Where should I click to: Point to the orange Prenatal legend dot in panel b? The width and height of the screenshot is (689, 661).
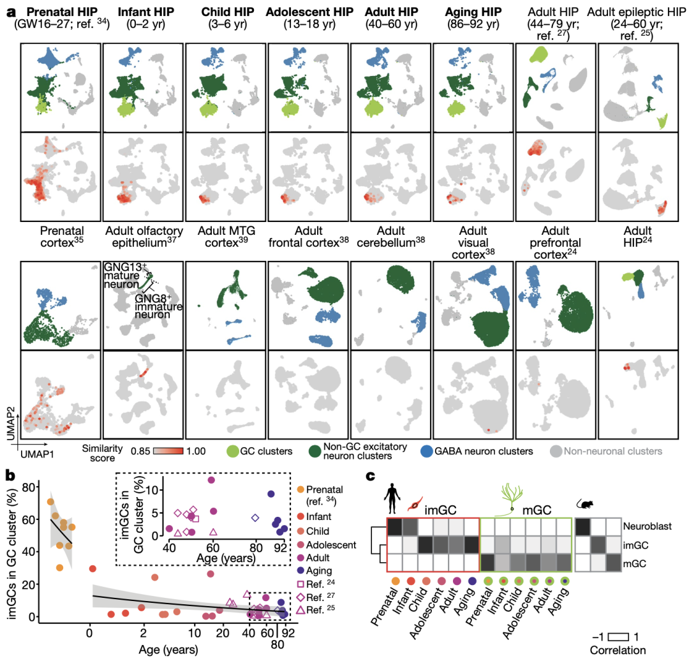(302, 489)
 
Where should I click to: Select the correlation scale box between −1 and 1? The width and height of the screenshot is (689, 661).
(618, 637)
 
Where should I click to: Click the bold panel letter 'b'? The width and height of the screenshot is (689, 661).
(10, 475)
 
